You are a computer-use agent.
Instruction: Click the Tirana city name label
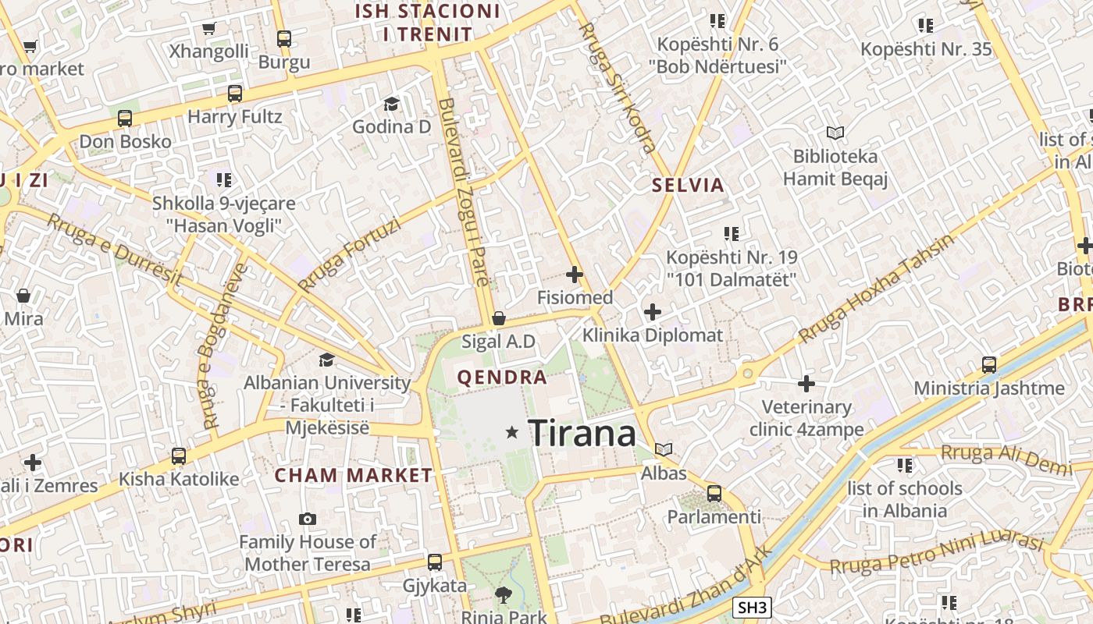click(x=582, y=433)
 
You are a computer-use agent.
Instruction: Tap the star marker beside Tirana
click(x=512, y=431)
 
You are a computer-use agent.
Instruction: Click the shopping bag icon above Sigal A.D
click(x=498, y=318)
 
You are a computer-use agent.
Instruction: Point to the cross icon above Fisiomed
click(x=575, y=275)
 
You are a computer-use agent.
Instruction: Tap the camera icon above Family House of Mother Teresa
click(x=308, y=519)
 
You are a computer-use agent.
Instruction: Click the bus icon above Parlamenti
click(x=714, y=493)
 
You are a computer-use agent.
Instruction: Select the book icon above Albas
click(x=664, y=449)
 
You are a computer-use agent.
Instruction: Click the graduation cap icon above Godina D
click(x=391, y=104)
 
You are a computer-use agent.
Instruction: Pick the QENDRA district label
click(x=502, y=378)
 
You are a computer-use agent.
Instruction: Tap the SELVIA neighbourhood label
click(x=689, y=186)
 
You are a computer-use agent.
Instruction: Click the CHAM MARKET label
click(x=354, y=475)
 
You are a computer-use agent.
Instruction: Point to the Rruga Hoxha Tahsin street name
click(x=877, y=289)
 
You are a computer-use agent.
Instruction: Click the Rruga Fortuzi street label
click(x=349, y=255)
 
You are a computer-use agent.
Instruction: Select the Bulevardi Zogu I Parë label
click(x=465, y=192)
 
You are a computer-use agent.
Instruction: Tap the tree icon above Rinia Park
click(x=504, y=595)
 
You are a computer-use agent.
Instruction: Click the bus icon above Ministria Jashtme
click(x=989, y=364)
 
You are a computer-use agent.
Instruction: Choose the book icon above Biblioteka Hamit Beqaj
click(x=835, y=133)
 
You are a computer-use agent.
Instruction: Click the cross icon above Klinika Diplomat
click(x=653, y=313)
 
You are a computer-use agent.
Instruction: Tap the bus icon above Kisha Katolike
click(x=179, y=456)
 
